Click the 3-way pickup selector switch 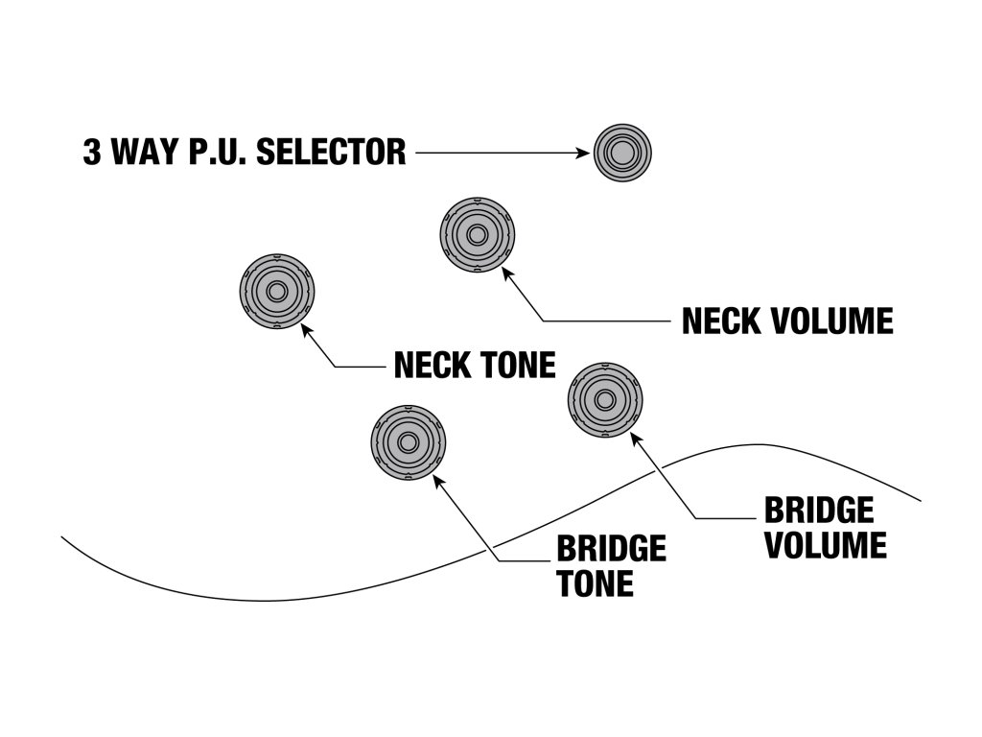click(x=622, y=153)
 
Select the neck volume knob click(x=478, y=235)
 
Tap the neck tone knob click(x=277, y=292)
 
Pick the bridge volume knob click(x=605, y=400)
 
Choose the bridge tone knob click(x=409, y=443)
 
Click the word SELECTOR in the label click(x=331, y=153)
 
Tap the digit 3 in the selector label click(x=92, y=153)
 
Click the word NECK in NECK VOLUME click(x=721, y=321)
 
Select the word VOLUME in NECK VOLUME click(x=831, y=321)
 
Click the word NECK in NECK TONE click(x=433, y=365)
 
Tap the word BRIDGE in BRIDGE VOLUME click(x=819, y=511)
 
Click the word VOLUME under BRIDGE click(x=826, y=545)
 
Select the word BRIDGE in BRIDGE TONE click(x=611, y=548)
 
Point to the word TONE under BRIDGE click(x=595, y=583)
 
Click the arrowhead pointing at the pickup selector click(x=583, y=153)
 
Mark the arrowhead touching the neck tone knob click(x=306, y=329)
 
